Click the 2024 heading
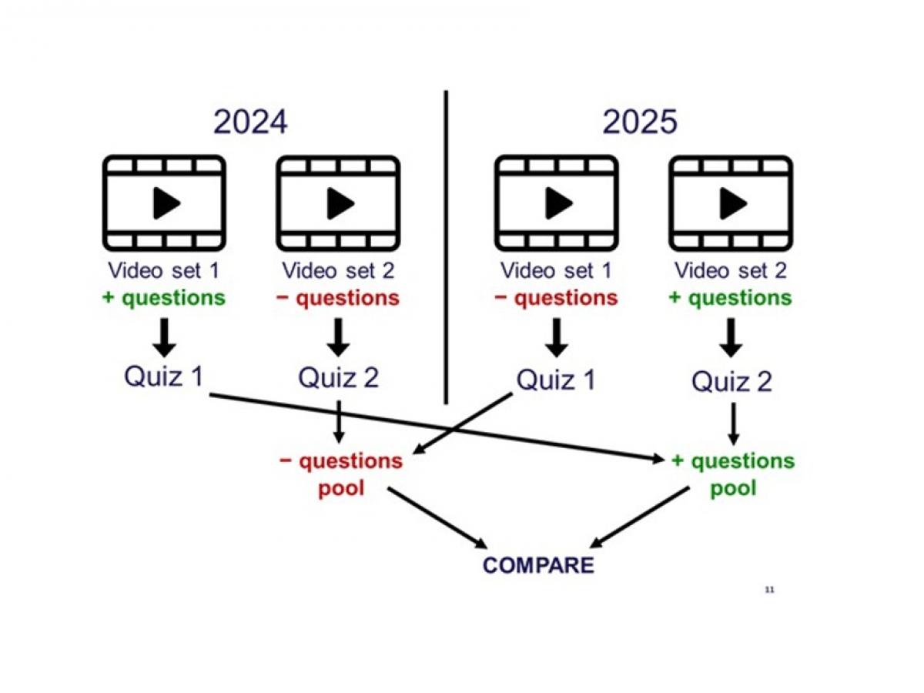250,122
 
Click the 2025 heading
640,122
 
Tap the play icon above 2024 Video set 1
165,203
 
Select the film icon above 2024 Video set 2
339,203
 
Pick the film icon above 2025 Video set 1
556,203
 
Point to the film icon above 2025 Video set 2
731,203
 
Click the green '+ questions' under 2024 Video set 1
164,298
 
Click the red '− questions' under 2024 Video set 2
340,298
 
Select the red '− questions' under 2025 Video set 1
557,298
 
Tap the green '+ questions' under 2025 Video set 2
731,298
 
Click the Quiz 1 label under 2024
164,377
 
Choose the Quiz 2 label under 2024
339,378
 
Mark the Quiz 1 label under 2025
556,380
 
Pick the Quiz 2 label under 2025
731,381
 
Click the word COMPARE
538,565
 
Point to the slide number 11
768,590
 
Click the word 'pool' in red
341,488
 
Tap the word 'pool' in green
733,488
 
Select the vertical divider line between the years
446,246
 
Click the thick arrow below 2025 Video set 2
731,336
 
